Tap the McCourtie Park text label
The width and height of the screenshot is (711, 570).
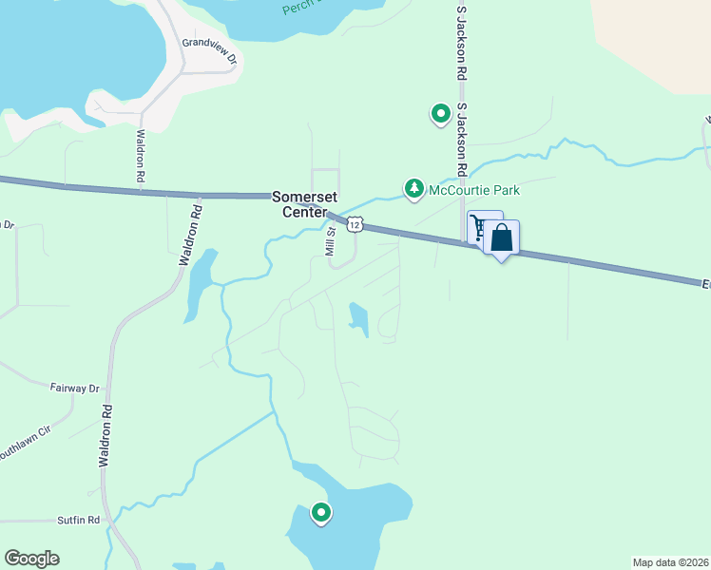(474, 190)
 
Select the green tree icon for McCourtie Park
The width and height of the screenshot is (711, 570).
(414, 190)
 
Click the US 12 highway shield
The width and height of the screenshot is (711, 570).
(355, 224)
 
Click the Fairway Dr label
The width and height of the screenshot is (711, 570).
(75, 389)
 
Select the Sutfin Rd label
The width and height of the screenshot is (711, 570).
(80, 520)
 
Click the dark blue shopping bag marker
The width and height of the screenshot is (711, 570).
(502, 238)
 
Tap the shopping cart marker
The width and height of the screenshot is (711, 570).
(478, 226)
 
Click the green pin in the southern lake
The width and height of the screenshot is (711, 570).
(321, 513)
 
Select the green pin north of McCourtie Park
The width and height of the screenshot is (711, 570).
(441, 114)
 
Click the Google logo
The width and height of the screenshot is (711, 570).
(32, 559)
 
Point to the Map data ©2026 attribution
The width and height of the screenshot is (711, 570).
(669, 561)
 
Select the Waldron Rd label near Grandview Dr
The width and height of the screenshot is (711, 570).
(140, 156)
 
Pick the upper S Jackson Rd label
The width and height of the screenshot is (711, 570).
(462, 34)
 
